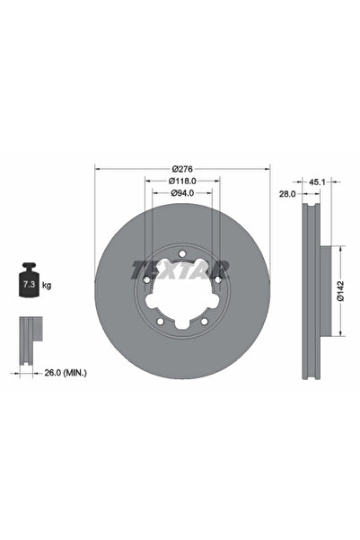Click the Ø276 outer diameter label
coord(182,169)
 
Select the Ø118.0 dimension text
coord(182,181)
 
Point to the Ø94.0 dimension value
coord(182,193)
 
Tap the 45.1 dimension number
coord(317,182)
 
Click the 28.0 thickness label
coord(287,194)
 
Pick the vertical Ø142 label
coord(341,291)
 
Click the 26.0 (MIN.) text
coord(66,373)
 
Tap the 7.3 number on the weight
coord(28,285)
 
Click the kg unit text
coord(47,285)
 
